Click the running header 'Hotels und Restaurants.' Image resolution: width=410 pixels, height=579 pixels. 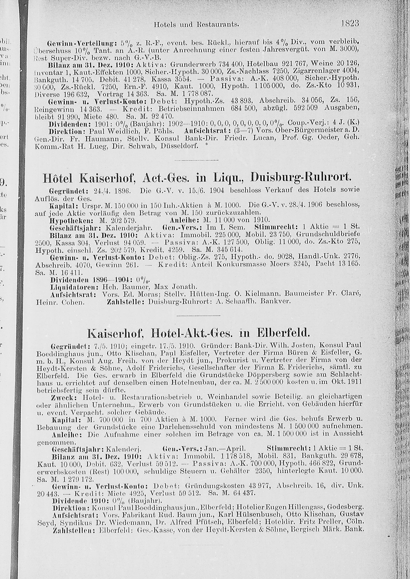tap(196, 24)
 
